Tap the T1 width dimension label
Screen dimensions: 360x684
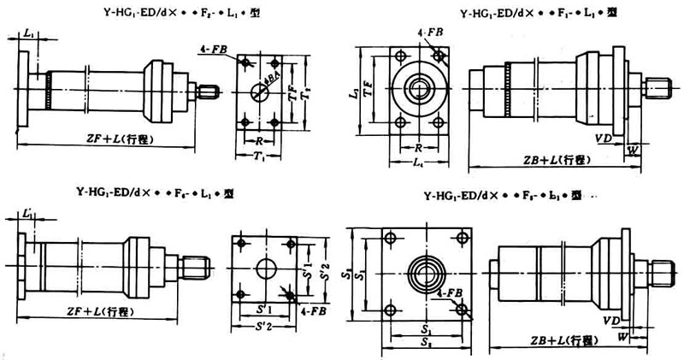pos(259,156)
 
